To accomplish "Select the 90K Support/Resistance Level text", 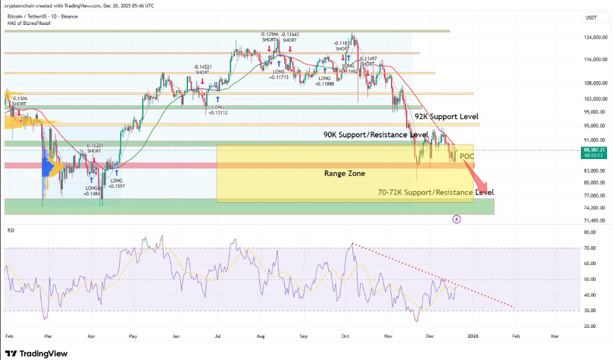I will pos(377,134).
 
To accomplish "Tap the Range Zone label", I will pos(345,173).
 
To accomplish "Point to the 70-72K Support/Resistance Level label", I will pos(436,192).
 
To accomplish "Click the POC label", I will pos(466,156).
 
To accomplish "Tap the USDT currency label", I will pos(591,18).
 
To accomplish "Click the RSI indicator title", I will pos(10,230).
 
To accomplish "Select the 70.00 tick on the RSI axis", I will pos(589,248).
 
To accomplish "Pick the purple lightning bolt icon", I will pos(456,220).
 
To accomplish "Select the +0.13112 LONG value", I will pos(218,113).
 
